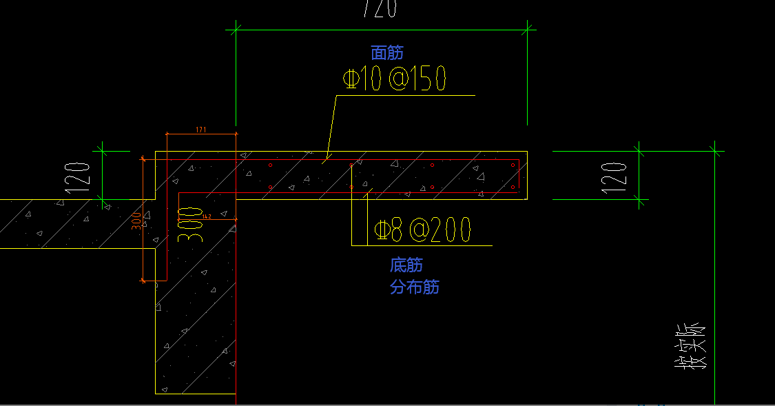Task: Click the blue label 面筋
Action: [x=387, y=52]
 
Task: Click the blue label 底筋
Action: [x=406, y=265]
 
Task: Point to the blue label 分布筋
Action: [x=415, y=287]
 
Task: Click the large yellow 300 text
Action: [x=194, y=223]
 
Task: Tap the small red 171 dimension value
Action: [x=201, y=129]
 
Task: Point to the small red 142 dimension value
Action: [x=206, y=216]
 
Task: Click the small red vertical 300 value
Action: [x=136, y=219]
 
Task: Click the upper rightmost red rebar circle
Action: [x=513, y=165]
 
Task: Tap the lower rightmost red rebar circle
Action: [x=513, y=187]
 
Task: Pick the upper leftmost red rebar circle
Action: [x=271, y=165]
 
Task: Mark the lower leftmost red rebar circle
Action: [x=271, y=187]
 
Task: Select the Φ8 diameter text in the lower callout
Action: [x=389, y=230]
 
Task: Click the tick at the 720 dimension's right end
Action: [x=529, y=29]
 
